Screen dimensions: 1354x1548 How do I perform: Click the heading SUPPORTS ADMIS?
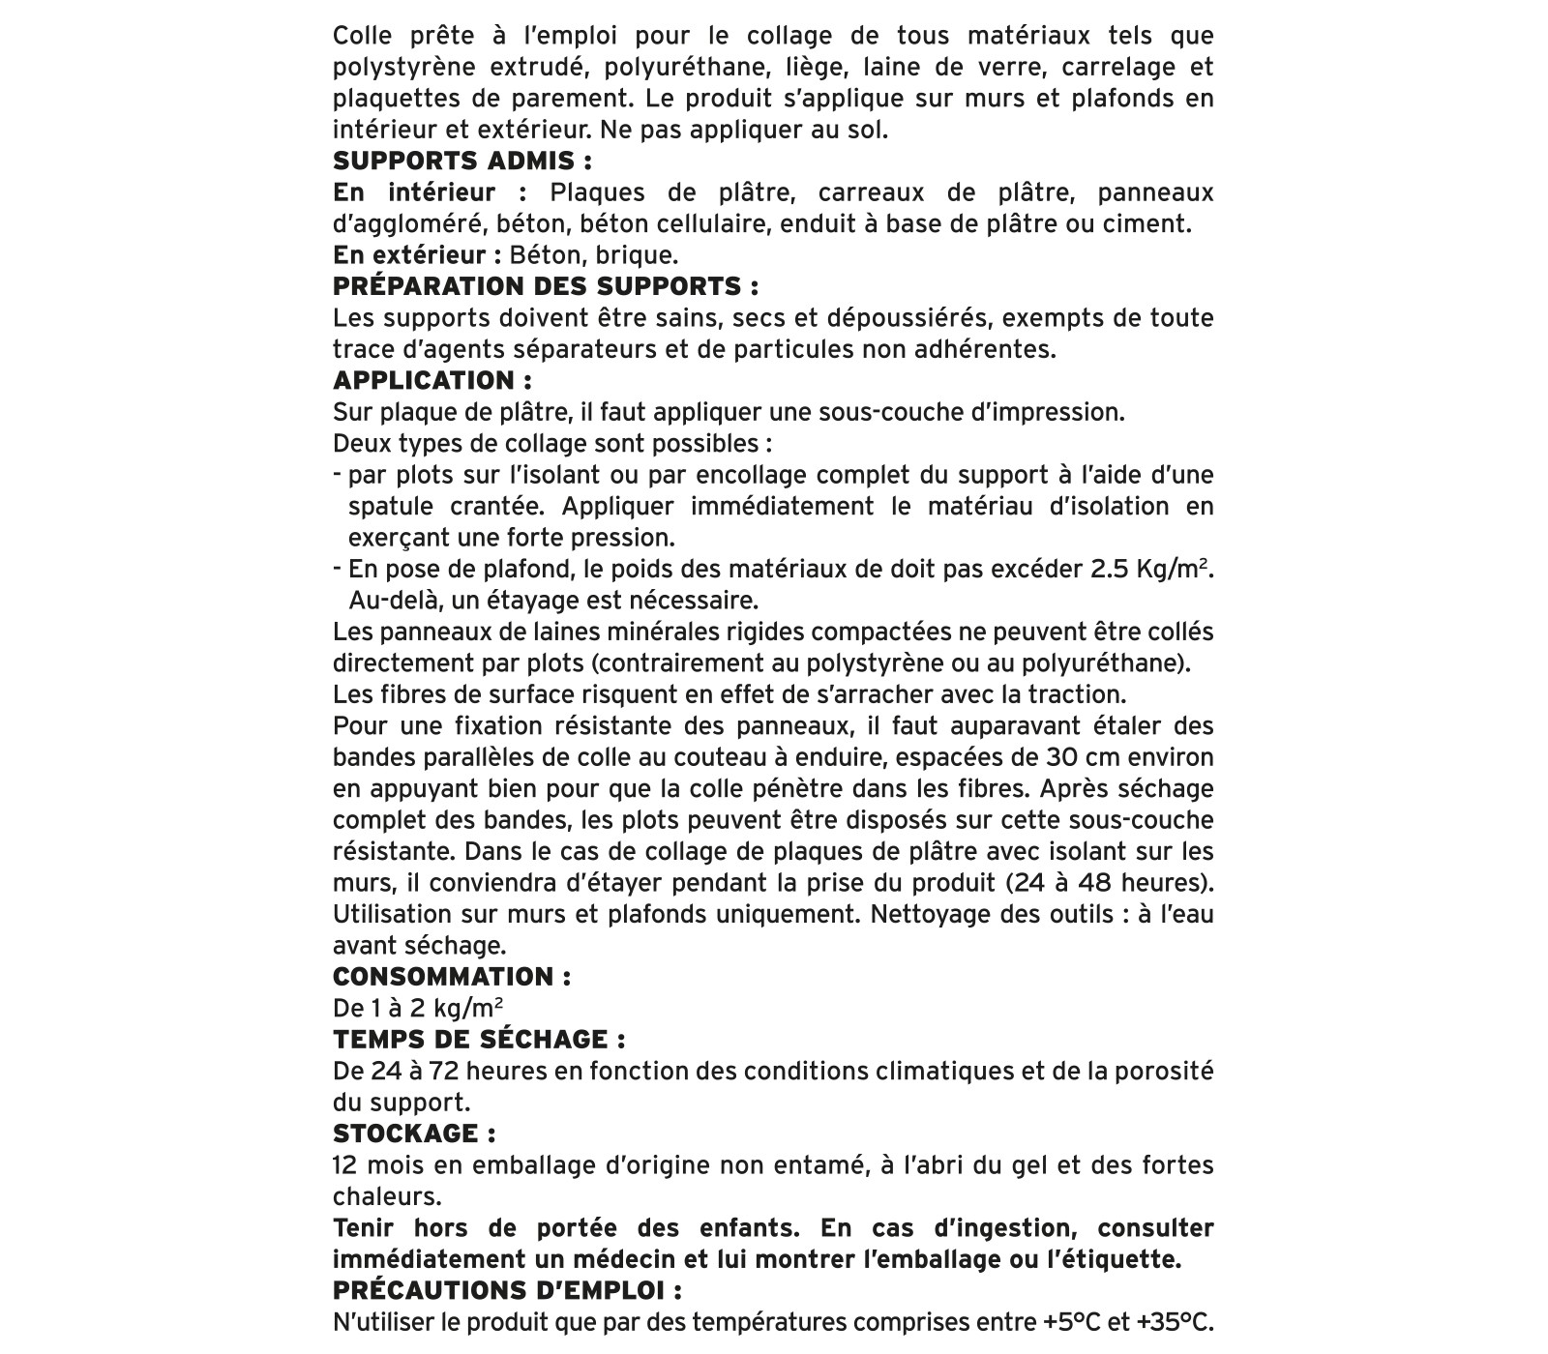[x=461, y=161]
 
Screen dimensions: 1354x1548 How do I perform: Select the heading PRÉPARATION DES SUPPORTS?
[x=545, y=286]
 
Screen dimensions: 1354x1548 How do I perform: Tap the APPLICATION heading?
[x=432, y=380]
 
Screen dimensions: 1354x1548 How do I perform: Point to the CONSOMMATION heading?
[x=451, y=976]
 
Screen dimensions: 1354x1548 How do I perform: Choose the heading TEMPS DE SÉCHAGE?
[x=478, y=1040]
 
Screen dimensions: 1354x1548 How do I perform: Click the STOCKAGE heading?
[x=414, y=1133]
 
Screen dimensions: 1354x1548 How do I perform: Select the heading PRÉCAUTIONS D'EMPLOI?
[x=507, y=1290]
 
